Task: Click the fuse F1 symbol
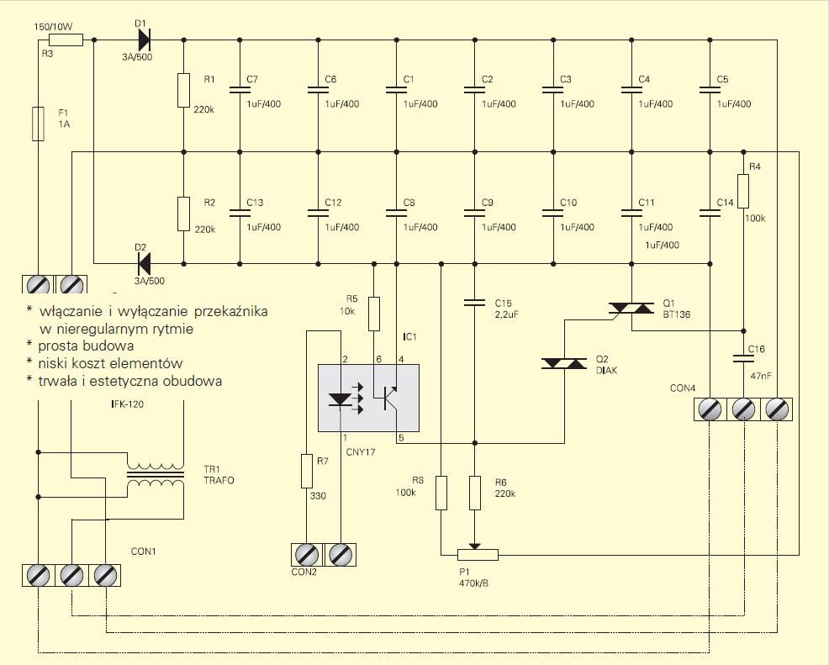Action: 38,124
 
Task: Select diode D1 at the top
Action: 143,40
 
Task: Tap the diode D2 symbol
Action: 143,263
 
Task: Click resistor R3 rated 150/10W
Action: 66,40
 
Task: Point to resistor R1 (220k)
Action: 183,91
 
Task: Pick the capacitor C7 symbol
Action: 240,89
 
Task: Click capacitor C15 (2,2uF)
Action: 474,303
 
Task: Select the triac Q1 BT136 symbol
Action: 631,308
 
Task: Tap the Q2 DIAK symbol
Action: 564,363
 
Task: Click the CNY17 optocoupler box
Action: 368,398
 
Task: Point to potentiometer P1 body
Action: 478,555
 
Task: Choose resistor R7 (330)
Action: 307,471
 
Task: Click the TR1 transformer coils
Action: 156,475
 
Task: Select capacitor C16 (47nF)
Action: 744,358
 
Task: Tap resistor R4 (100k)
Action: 743,191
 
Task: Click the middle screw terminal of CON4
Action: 743,409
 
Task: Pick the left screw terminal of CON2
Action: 307,555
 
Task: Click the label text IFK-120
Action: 127,404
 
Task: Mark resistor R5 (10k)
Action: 374,314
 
